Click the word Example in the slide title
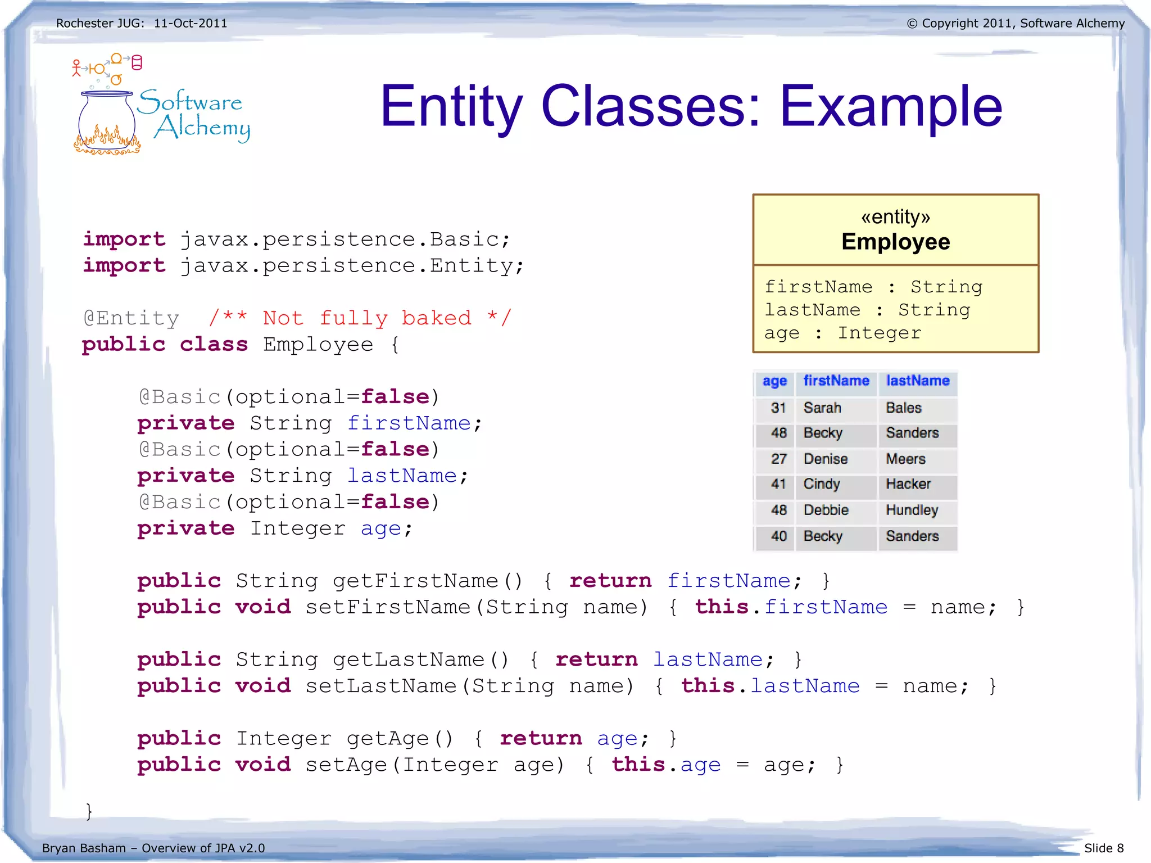click(891, 106)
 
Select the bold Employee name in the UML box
click(895, 242)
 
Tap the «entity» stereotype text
click(895, 216)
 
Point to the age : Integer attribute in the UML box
click(842, 333)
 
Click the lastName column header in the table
click(917, 381)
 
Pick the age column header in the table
click(774, 381)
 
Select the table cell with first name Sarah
click(822, 408)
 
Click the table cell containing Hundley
click(912, 510)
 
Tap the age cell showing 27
click(778, 459)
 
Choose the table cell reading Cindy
click(821, 484)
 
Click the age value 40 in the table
click(778, 536)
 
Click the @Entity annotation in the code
click(131, 318)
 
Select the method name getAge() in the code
click(399, 739)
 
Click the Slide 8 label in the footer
click(1103, 848)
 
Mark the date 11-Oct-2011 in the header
click(191, 23)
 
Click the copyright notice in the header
click(1016, 23)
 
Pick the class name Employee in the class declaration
click(318, 345)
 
